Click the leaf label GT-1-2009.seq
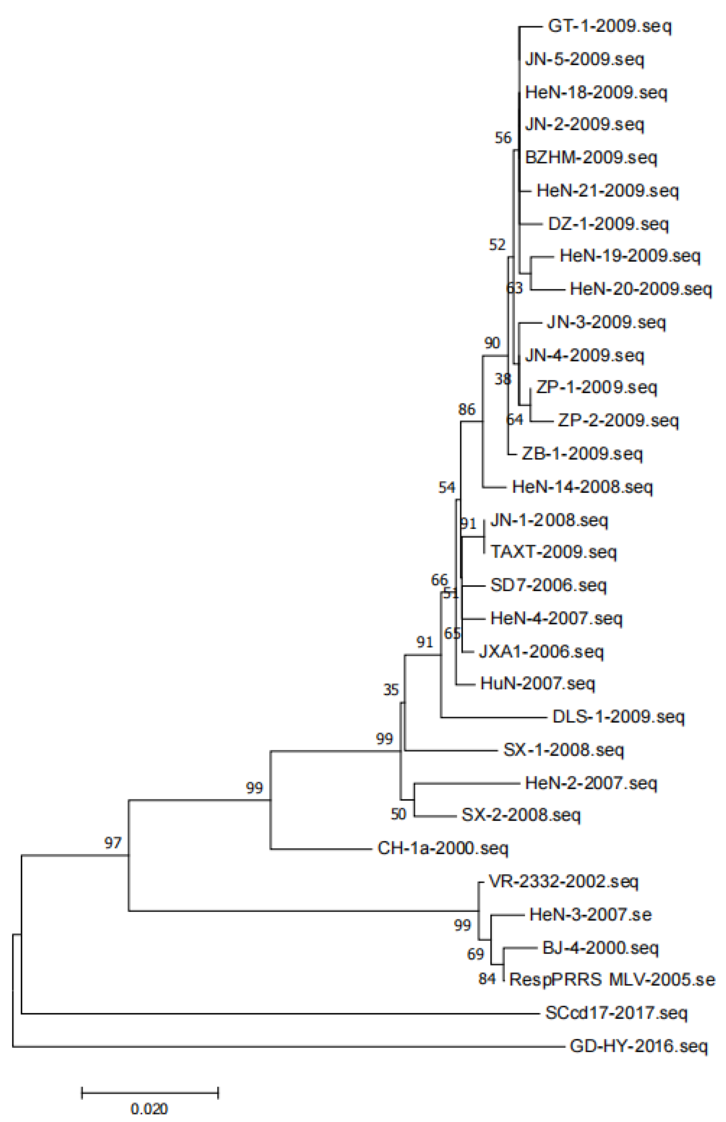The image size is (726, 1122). click(x=609, y=26)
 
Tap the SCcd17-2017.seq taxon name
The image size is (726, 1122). click(x=616, y=1013)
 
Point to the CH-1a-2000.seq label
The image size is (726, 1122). click(x=443, y=848)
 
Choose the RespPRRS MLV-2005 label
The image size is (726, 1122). click(x=612, y=980)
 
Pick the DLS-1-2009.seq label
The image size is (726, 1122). click(x=618, y=717)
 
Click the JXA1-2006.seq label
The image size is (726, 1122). click(x=541, y=652)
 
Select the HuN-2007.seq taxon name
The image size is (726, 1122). click(x=537, y=683)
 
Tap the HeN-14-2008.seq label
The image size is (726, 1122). click(x=582, y=487)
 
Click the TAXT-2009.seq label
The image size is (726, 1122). click(x=553, y=552)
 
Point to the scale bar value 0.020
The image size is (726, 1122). click(x=149, y=1109)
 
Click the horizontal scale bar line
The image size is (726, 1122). click(x=150, y=1093)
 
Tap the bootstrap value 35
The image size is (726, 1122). click(x=391, y=690)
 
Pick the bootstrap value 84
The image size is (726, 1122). click(x=487, y=979)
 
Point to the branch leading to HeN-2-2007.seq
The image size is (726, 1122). click(x=467, y=783)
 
